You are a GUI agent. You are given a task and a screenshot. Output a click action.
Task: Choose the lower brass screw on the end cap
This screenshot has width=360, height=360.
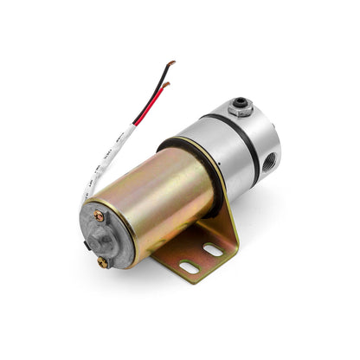pyautogui.click(x=104, y=260)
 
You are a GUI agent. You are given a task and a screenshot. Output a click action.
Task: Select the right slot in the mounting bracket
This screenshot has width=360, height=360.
pyautogui.click(x=213, y=250)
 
